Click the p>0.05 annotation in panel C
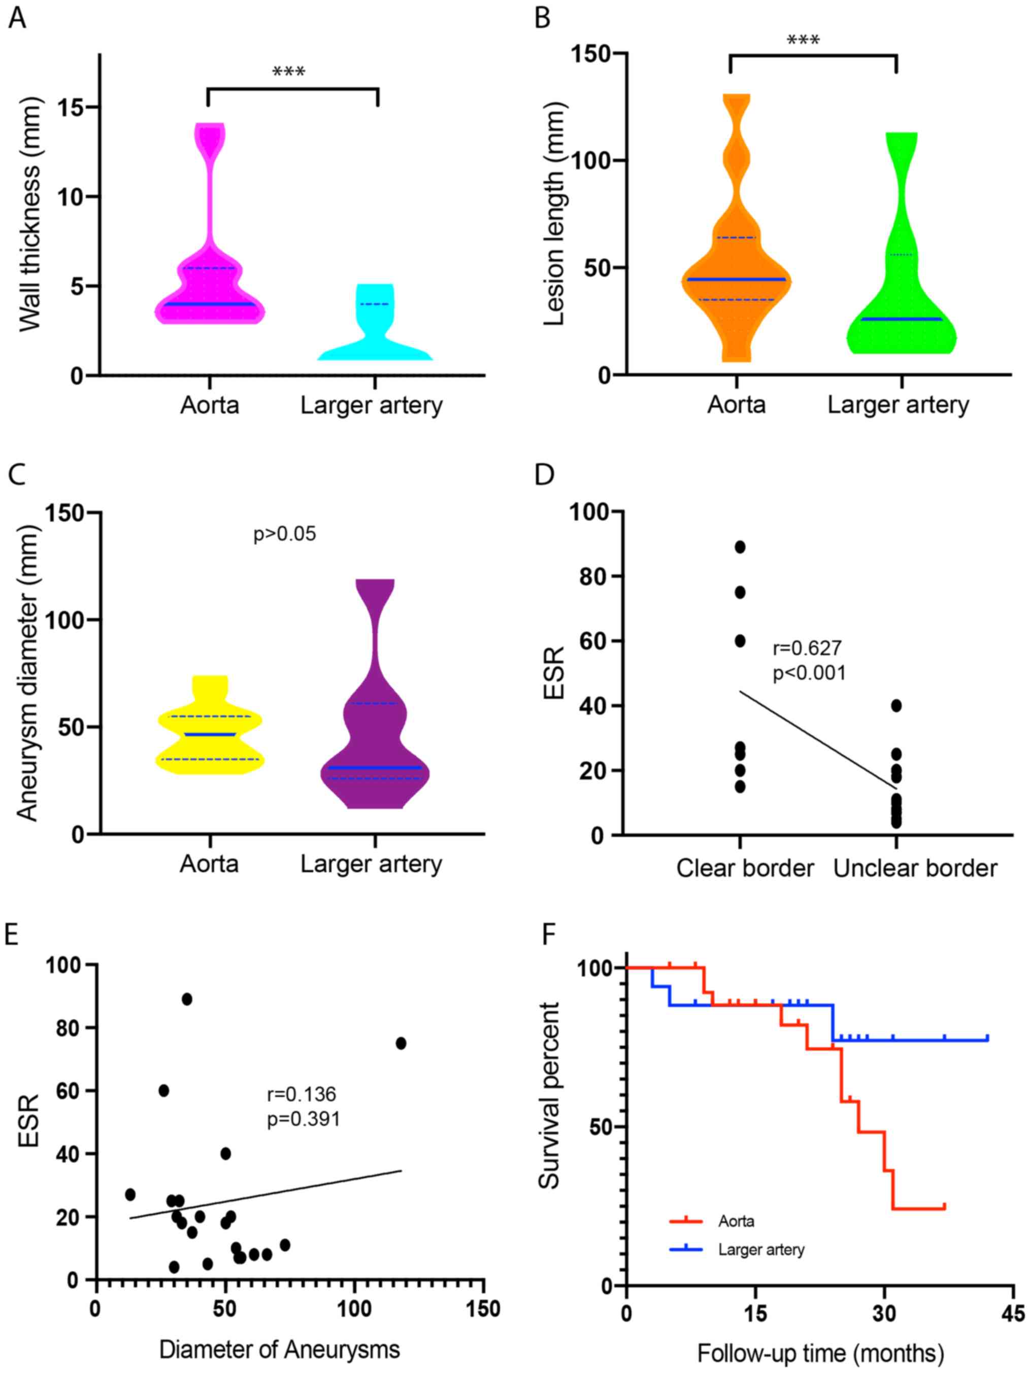pos(284,534)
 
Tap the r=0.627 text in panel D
pos(807,648)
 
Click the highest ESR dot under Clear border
pos(740,547)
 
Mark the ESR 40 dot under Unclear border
pos(895,705)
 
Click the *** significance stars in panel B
pos(803,41)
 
